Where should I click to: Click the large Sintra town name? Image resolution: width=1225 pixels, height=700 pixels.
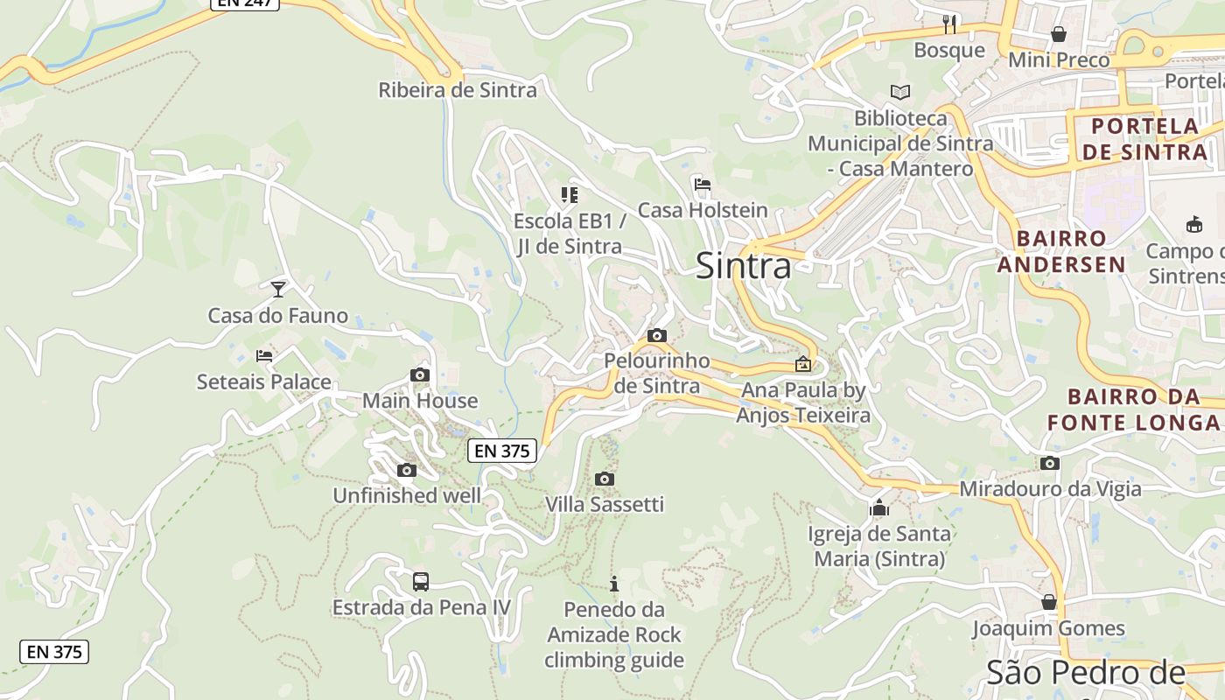tap(743, 266)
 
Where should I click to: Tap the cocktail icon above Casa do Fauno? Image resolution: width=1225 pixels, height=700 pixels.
tap(278, 288)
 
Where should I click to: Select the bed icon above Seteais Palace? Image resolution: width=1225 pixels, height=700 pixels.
tap(264, 355)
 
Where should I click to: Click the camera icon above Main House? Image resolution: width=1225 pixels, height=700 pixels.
tap(420, 374)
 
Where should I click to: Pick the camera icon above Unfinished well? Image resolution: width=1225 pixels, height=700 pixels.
tap(406, 470)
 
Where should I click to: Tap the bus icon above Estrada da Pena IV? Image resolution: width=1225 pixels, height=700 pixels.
tap(421, 581)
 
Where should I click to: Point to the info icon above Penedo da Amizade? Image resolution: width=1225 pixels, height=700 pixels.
tap(614, 584)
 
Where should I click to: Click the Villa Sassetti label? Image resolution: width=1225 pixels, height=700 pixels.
tap(605, 504)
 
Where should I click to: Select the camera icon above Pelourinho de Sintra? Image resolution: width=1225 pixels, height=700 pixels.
tap(657, 335)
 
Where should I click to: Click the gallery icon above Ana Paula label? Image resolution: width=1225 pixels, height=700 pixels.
tap(803, 364)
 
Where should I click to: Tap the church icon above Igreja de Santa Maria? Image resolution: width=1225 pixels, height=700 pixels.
tap(879, 507)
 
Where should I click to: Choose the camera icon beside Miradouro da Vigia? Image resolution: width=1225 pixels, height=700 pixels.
tap(1050, 463)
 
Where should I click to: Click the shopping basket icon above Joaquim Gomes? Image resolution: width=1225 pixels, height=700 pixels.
tap(1049, 602)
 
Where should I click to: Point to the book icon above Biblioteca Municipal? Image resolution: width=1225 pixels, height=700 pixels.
tap(900, 92)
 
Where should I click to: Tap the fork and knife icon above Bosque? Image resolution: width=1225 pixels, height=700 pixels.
tap(949, 24)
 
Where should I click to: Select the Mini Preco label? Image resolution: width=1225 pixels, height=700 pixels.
tap(1059, 59)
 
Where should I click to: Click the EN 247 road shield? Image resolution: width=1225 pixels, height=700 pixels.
tap(245, 3)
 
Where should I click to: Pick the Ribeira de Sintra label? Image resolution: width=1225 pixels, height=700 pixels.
tap(458, 89)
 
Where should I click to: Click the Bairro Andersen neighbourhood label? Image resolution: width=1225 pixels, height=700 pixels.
tap(1061, 251)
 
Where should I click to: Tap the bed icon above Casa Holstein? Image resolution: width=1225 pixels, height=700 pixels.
tap(702, 185)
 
